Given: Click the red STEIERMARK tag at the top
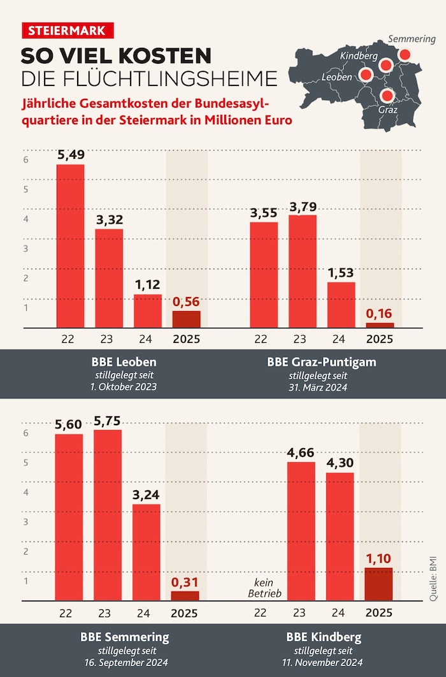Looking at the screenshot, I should point(67,31).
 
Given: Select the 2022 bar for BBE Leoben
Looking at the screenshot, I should point(70,246).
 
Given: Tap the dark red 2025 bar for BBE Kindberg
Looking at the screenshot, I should point(379,585).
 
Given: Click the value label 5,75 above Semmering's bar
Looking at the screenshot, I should point(108,421).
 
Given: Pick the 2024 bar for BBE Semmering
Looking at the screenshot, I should point(147,553).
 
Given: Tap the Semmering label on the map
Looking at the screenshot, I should point(412,39).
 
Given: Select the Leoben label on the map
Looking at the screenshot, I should point(337,76).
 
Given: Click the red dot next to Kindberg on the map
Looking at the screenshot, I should point(385,64).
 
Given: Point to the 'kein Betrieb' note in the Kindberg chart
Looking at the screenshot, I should point(264,588).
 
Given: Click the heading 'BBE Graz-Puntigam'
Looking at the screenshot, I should point(322,362).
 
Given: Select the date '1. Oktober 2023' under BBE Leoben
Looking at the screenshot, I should point(125,387).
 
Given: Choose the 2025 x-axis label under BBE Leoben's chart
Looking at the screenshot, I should point(186,339).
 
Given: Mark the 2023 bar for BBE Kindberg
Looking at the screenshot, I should point(301,531).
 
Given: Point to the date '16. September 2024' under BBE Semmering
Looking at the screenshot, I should point(125,662).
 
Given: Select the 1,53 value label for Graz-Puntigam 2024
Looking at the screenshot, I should point(341,273).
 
